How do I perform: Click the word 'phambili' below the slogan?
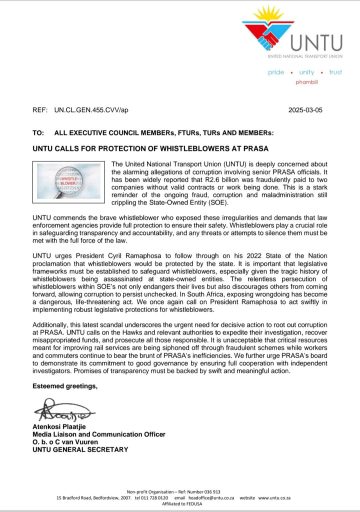pyautogui.click(x=305, y=84)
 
